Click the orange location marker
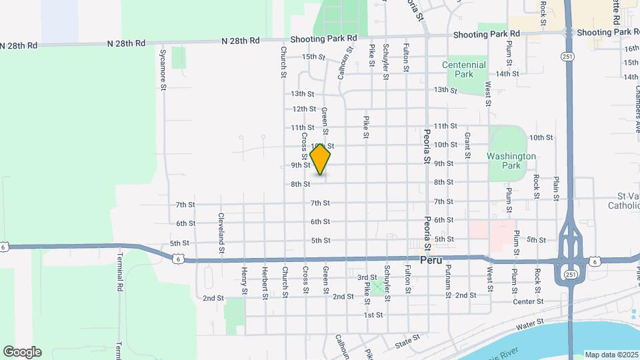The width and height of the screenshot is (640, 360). tap(321, 160)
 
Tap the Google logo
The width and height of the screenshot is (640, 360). tap(22, 352)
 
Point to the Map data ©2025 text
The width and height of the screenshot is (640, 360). tap(611, 355)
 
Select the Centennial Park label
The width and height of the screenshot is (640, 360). tap(464, 70)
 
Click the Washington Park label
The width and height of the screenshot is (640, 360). tap(511, 161)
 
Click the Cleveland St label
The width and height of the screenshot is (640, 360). tap(221, 233)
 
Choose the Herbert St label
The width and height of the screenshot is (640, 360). tap(265, 283)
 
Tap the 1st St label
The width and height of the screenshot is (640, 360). tap(373, 315)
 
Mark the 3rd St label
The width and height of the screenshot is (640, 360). tap(367, 277)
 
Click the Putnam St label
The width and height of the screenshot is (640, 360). tap(449, 285)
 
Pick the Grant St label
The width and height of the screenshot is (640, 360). tap(467, 141)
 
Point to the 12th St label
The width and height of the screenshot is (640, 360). tap(304, 109)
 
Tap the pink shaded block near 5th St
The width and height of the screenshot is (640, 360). tap(491, 230)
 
